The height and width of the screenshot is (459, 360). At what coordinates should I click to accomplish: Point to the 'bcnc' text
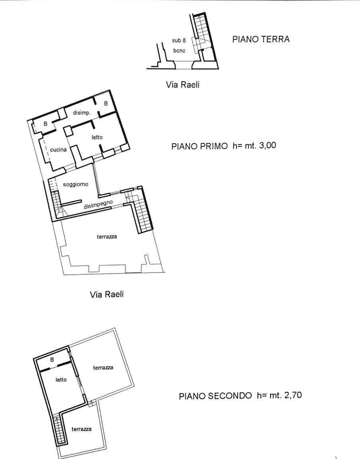[179, 51]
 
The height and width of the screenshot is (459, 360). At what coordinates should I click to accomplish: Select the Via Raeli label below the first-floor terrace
[107, 295]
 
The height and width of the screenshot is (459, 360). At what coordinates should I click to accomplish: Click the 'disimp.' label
[82, 113]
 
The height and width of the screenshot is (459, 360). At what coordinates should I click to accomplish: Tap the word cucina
[59, 150]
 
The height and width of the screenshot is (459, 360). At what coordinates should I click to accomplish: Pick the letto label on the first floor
[97, 137]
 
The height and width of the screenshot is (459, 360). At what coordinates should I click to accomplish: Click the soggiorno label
[75, 185]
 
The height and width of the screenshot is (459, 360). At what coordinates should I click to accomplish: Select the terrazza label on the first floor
[107, 237]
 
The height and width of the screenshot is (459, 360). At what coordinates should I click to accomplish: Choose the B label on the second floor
[52, 359]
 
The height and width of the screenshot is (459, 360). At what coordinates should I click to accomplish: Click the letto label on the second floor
[61, 379]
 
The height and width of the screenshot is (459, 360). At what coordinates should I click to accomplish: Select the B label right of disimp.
[106, 104]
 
